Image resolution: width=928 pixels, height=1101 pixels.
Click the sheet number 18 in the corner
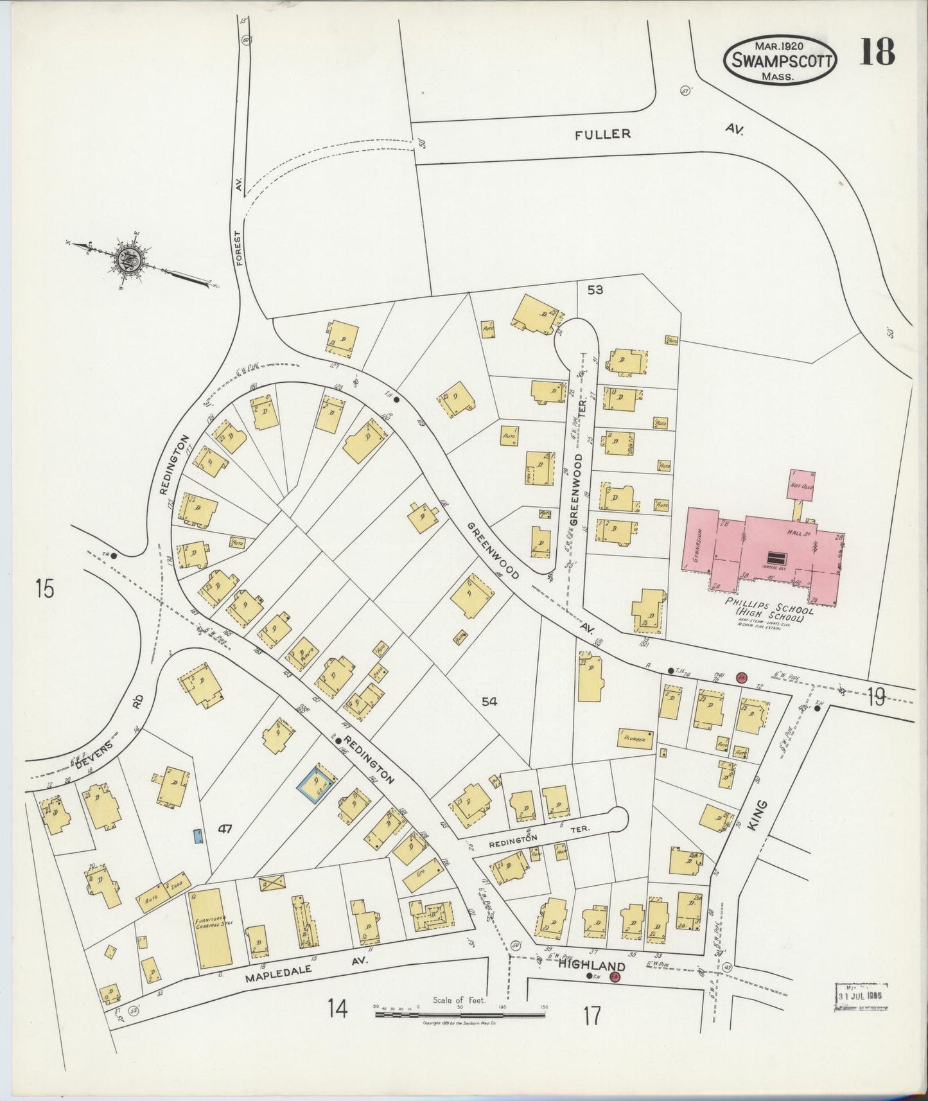[877, 53]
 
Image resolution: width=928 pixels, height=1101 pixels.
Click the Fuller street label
[603, 134]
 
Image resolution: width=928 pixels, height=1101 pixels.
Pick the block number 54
[489, 701]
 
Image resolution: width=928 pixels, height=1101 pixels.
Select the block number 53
[595, 290]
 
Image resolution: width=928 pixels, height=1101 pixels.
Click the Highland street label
[591, 966]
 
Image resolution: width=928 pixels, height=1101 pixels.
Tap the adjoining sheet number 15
[45, 588]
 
